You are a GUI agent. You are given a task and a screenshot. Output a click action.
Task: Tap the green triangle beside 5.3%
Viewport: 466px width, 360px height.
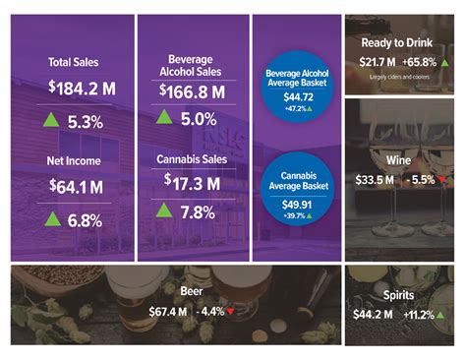tap(52, 123)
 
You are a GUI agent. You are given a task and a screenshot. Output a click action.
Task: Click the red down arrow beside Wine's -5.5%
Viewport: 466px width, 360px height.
tap(442, 180)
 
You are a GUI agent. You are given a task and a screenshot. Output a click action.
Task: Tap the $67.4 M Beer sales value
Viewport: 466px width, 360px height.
tap(147, 312)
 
